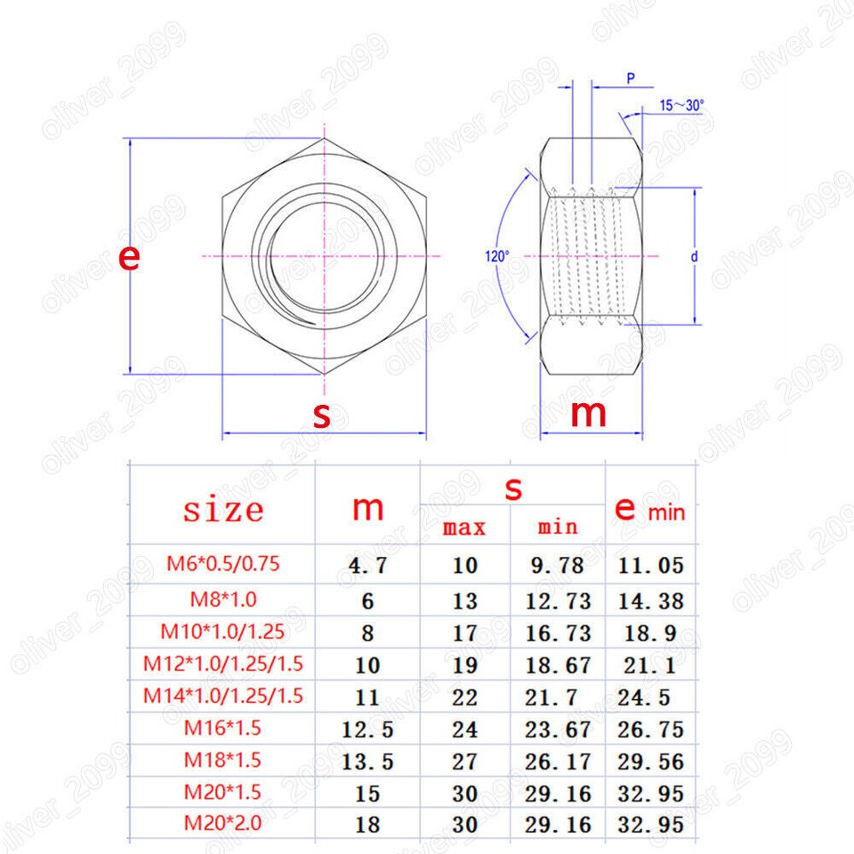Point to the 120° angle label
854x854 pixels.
[496, 256]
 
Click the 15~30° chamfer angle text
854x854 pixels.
[681, 105]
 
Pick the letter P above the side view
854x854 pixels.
[630, 78]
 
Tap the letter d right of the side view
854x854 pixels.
[694, 256]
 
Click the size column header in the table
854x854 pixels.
[223, 510]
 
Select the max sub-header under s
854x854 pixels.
[464, 528]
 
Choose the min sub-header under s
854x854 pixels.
[558, 527]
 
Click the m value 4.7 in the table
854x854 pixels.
[367, 565]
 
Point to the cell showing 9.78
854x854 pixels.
[558, 565]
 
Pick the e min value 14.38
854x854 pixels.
[651, 601]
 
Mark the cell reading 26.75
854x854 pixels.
[651, 729]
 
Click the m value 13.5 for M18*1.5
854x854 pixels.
[367, 761]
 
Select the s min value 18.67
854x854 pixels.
[558, 665]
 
